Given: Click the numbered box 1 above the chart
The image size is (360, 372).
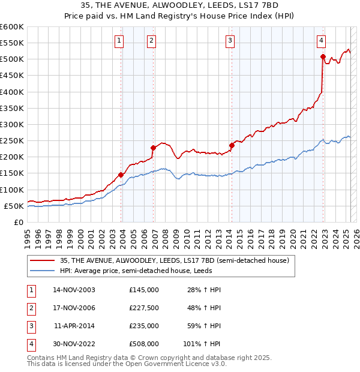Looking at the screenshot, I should click(x=119, y=41).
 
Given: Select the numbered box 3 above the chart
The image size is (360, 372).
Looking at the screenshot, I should click(x=230, y=41).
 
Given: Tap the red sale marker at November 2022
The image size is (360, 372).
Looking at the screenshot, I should click(x=323, y=57).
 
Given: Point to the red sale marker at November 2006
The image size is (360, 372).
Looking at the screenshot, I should click(x=153, y=147).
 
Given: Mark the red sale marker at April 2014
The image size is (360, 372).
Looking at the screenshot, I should click(x=231, y=145).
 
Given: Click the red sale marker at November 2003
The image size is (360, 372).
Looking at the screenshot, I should click(x=121, y=175).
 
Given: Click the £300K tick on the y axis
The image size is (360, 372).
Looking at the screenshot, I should click(x=12, y=124).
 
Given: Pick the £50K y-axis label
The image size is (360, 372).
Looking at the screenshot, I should click(x=13, y=206).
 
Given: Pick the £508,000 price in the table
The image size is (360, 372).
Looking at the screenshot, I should click(x=144, y=344).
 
